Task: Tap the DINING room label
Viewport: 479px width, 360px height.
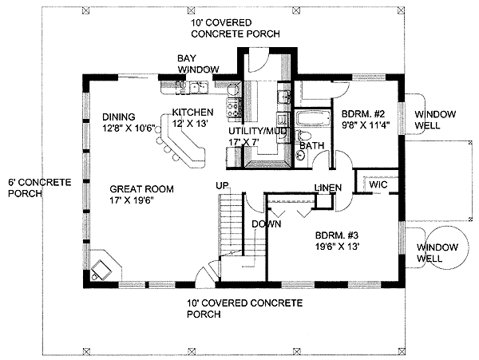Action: (x=119, y=117)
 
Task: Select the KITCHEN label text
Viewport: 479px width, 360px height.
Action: (x=192, y=113)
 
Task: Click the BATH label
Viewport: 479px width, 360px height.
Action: (x=312, y=147)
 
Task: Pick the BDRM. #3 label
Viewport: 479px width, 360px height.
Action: (x=335, y=236)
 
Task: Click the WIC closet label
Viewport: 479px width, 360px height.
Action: (x=378, y=184)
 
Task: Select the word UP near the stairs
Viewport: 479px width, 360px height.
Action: (x=223, y=186)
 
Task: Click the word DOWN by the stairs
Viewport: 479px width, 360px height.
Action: (x=266, y=224)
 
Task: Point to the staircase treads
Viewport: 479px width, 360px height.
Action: (x=229, y=224)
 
